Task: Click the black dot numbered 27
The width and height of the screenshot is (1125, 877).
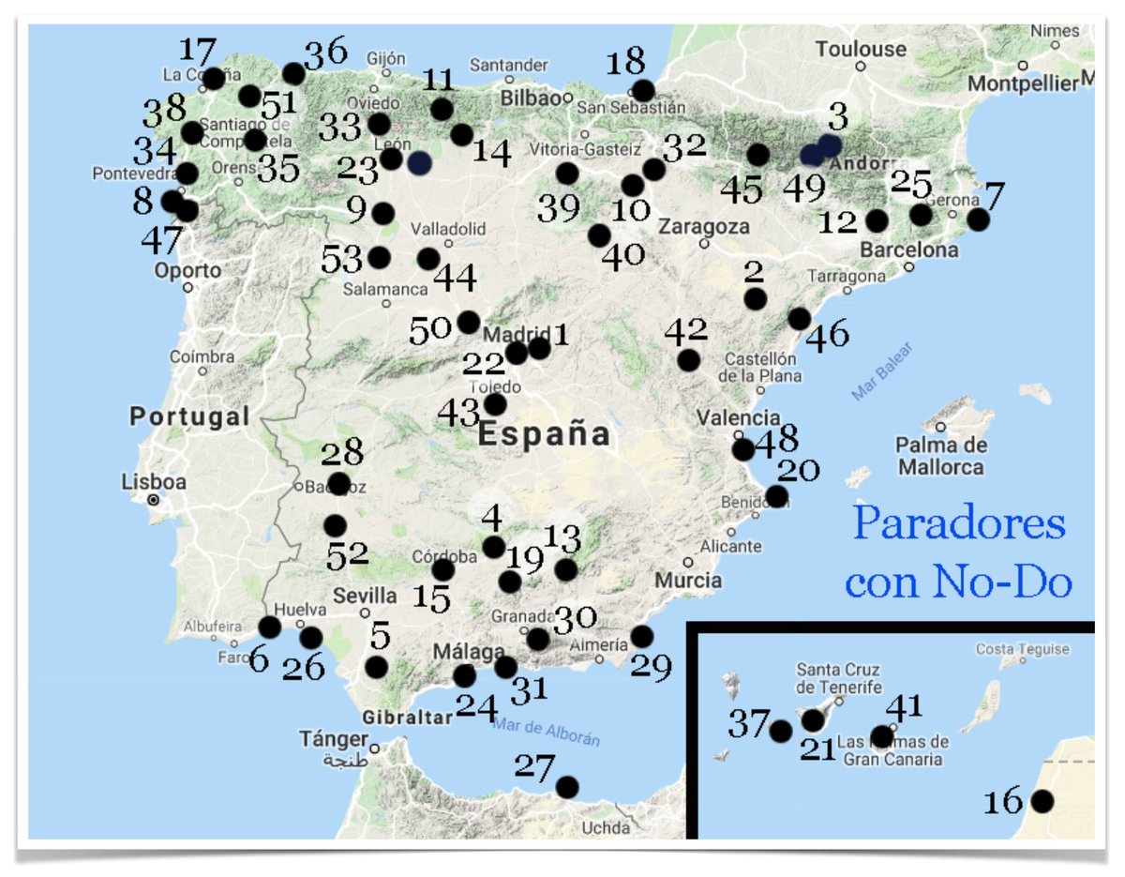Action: (x=566, y=786)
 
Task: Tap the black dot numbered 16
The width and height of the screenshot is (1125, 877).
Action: (x=1042, y=802)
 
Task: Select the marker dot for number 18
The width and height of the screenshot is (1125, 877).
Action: (x=643, y=91)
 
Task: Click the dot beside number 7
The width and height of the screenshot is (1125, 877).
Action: (x=978, y=219)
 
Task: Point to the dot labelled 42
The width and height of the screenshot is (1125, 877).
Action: (x=689, y=359)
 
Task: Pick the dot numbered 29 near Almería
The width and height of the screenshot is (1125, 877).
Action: (x=641, y=637)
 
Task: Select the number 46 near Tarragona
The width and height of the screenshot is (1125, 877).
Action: (x=827, y=333)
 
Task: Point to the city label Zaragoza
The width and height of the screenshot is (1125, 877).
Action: (x=703, y=227)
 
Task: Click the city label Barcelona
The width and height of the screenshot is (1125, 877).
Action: (x=909, y=250)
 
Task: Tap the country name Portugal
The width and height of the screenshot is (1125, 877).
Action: (x=189, y=416)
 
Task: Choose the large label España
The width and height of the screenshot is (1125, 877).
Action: (x=544, y=435)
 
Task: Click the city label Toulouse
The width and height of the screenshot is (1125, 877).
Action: (x=861, y=49)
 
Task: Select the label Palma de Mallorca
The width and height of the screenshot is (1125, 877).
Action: (x=939, y=455)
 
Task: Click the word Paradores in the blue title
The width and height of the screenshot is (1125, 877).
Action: (x=959, y=524)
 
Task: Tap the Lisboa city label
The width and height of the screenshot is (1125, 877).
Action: (x=154, y=482)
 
